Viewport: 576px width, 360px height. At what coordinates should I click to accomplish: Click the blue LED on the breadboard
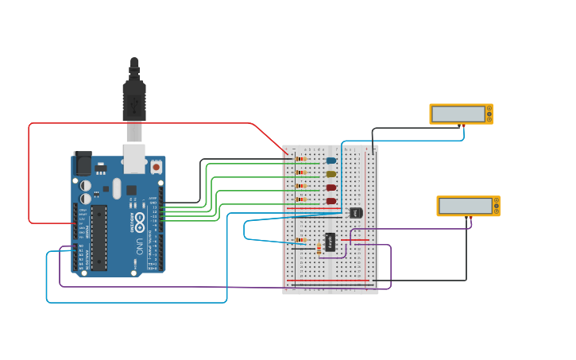pyautogui.click(x=331, y=161)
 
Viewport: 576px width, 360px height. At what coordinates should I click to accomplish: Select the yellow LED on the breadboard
pyautogui.click(x=331, y=174)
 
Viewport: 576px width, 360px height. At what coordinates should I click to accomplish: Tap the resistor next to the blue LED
pyautogui.click(x=301, y=159)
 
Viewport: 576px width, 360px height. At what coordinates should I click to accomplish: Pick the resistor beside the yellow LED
pyautogui.click(x=301, y=172)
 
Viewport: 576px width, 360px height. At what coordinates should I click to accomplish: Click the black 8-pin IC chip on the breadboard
pyautogui.click(x=330, y=242)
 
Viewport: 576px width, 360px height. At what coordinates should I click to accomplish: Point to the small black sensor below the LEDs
pyautogui.click(x=356, y=212)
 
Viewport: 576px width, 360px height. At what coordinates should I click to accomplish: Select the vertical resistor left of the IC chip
pyautogui.click(x=319, y=250)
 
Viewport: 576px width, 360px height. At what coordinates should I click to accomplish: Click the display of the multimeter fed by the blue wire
pyautogui.click(x=458, y=114)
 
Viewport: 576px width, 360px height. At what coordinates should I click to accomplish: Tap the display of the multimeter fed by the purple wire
pyautogui.click(x=466, y=206)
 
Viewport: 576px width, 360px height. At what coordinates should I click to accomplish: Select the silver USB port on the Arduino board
pyautogui.click(x=134, y=157)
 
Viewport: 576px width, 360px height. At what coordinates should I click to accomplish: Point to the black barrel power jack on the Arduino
pyautogui.click(x=82, y=163)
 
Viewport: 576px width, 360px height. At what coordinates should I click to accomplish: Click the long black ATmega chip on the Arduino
pyautogui.click(x=99, y=237)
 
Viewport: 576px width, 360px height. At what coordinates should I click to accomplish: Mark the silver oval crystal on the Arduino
pyautogui.click(x=117, y=188)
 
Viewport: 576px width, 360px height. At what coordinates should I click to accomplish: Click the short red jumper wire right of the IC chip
pyautogui.click(x=356, y=240)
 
